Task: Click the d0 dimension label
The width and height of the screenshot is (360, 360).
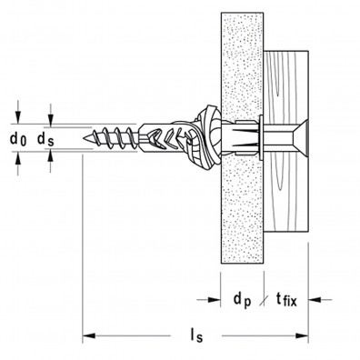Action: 18,139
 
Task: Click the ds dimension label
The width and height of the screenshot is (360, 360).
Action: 45,139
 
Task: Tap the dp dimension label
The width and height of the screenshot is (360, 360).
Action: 243,300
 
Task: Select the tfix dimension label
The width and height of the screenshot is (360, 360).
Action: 286,300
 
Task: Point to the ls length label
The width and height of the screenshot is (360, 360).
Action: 196,335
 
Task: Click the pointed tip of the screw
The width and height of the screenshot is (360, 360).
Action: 83,138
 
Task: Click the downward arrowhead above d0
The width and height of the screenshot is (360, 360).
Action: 18,117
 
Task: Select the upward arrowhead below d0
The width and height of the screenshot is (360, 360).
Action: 18,158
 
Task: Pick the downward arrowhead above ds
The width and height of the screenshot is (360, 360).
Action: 51,121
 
